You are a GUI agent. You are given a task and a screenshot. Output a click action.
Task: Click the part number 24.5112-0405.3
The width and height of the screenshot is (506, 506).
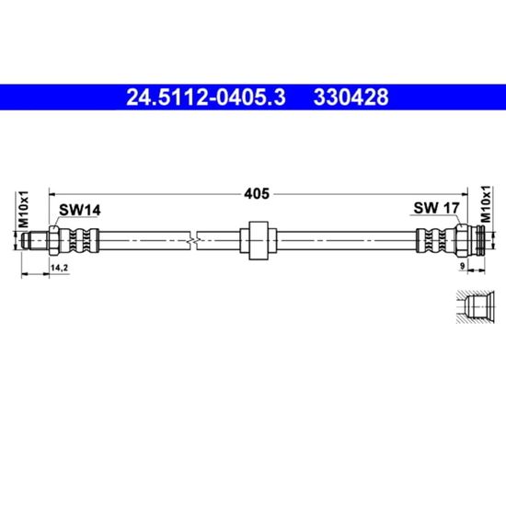[206, 98]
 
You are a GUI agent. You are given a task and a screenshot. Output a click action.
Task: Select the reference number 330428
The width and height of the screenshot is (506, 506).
[351, 98]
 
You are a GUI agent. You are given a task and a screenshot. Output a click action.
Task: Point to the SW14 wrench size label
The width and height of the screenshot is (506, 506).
[80, 211]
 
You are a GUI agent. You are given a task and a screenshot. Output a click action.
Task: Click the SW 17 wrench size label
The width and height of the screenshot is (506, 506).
[436, 208]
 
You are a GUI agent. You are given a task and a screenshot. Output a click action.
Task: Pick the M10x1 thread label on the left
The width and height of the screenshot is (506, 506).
[23, 209]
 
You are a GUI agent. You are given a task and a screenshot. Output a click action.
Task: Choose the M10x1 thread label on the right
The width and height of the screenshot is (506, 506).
[486, 204]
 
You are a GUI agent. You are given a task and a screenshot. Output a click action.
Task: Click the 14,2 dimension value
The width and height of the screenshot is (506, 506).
[60, 268]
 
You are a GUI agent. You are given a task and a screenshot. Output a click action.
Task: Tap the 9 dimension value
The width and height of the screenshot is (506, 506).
[462, 266]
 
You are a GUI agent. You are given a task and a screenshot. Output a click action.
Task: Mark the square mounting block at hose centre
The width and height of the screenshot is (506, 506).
[259, 241]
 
